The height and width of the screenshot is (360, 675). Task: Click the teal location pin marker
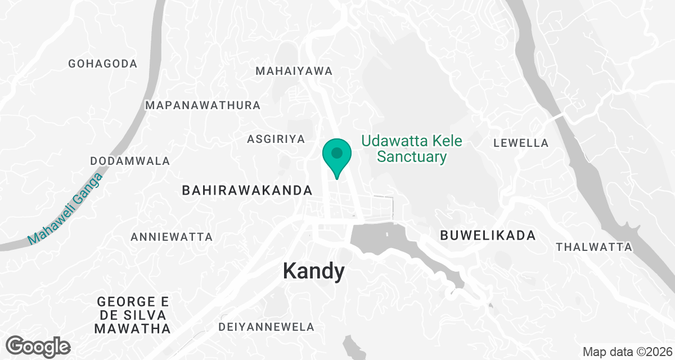(x=336, y=156)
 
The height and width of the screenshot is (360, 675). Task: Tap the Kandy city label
(x=313, y=272)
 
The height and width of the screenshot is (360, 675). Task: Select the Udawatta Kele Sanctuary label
(x=412, y=148)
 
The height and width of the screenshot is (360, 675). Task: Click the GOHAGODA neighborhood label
(x=103, y=64)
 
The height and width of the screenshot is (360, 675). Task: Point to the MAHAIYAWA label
(x=294, y=71)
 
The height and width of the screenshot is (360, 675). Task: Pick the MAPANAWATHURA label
(x=203, y=106)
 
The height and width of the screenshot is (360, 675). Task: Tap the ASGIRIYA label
(x=276, y=139)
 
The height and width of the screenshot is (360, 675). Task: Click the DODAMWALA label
(x=130, y=161)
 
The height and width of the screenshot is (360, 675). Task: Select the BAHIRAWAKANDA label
(x=247, y=191)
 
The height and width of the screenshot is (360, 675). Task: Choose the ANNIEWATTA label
(x=172, y=237)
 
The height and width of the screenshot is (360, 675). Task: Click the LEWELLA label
(x=521, y=143)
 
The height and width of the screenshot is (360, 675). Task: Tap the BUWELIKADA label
(x=488, y=236)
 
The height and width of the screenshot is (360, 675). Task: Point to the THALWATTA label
(x=594, y=247)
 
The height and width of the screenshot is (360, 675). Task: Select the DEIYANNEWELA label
(x=266, y=327)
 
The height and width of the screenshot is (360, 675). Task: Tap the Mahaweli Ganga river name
(x=66, y=209)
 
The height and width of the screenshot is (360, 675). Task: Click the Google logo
(x=38, y=346)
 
